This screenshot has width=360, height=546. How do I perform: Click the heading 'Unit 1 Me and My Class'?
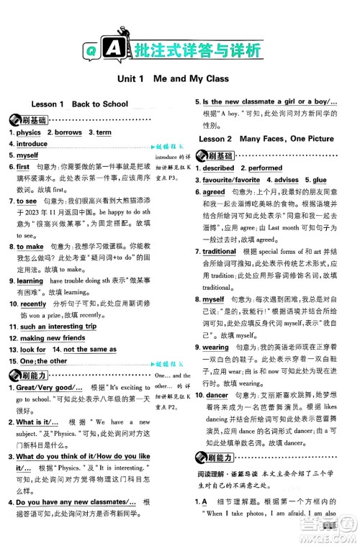(171, 78)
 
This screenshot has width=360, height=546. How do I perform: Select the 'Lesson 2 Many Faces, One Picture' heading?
(266, 138)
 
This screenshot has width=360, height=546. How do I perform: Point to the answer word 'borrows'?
(68, 133)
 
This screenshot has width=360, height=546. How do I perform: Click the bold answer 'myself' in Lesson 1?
(27, 155)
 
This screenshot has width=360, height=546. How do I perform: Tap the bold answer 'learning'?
(30, 281)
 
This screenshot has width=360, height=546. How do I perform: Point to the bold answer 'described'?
(218, 168)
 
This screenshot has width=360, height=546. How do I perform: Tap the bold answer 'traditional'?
(219, 251)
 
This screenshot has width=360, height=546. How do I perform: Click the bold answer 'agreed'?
(214, 192)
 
